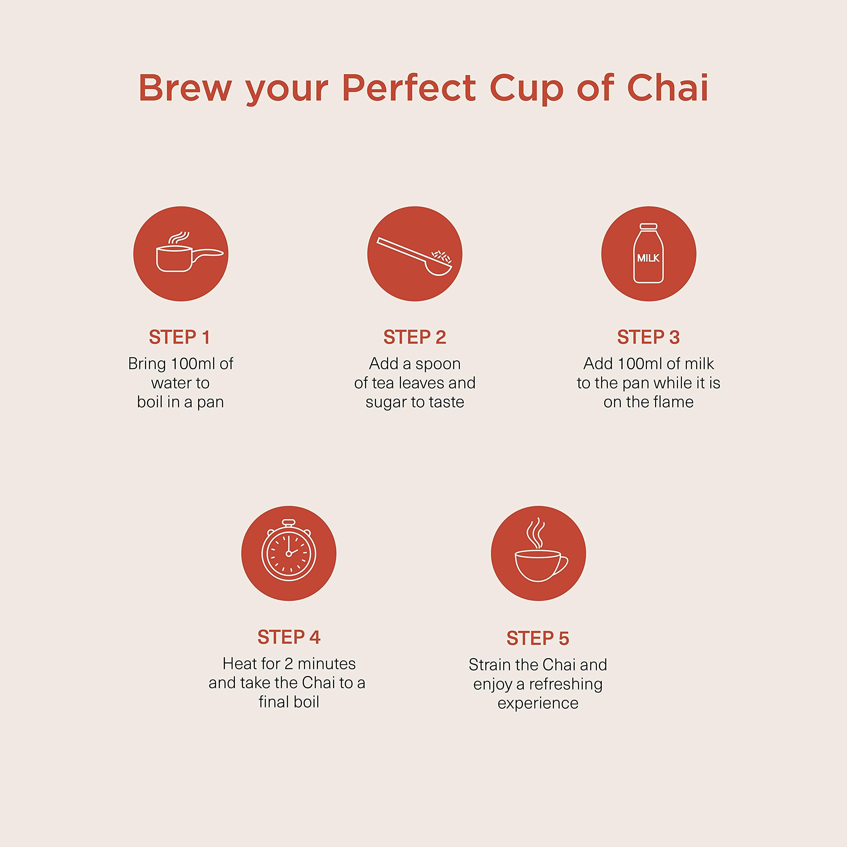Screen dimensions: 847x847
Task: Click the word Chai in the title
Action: [x=668, y=88]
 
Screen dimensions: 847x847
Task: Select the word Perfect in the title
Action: [x=409, y=88]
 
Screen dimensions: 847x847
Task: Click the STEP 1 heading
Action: [x=180, y=337]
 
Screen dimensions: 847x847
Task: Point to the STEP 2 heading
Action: [x=415, y=337]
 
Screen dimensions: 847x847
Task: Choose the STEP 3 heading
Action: [x=648, y=337]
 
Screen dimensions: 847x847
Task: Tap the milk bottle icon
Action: [x=648, y=254]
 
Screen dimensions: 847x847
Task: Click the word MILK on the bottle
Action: [x=648, y=258]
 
